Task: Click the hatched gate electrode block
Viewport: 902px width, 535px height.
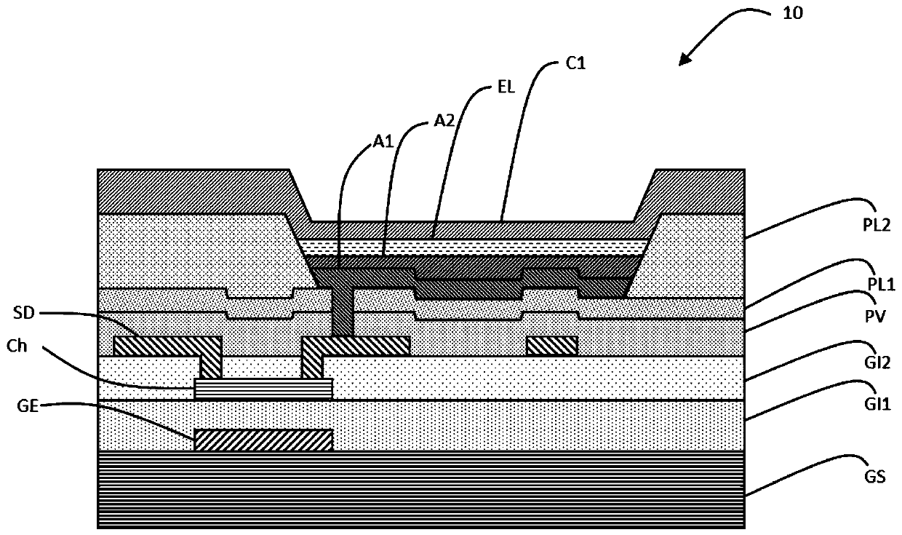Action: (263, 440)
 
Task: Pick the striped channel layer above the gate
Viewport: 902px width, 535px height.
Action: (263, 389)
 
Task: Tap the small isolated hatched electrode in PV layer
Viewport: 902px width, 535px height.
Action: (551, 345)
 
